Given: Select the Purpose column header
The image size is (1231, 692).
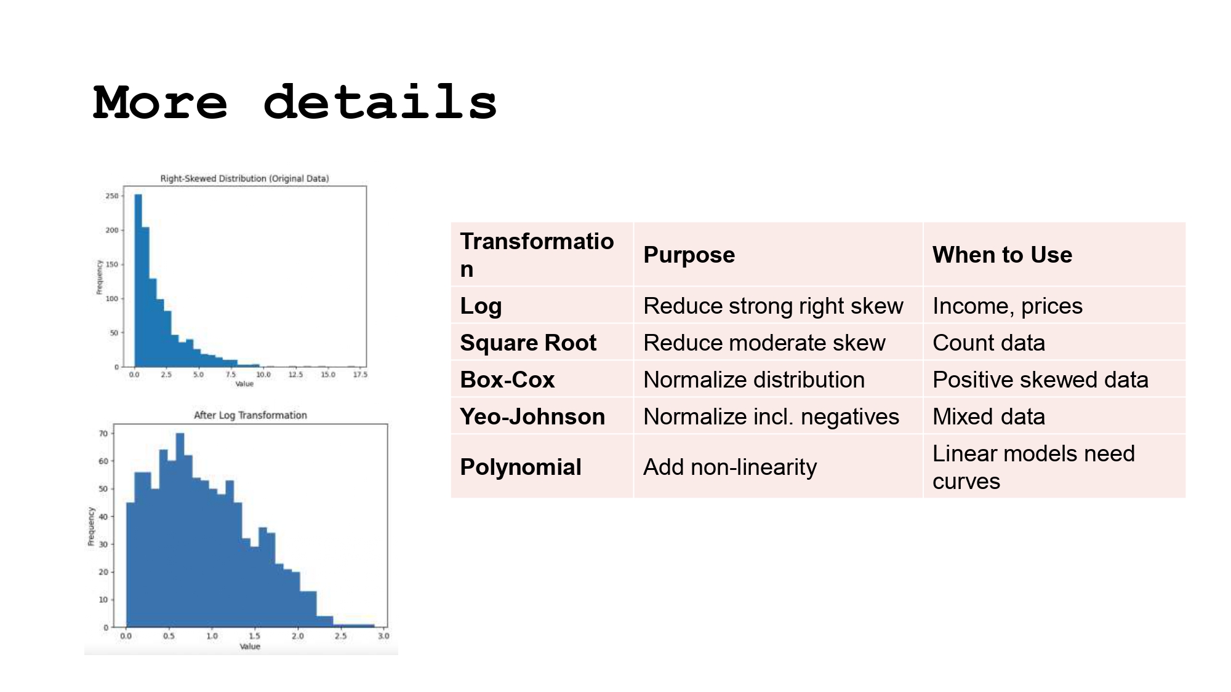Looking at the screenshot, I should pos(689,255).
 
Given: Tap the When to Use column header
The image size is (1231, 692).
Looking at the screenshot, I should pos(1002,255).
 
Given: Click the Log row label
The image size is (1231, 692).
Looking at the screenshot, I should pos(481,306).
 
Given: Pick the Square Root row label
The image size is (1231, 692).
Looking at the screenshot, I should pos(528,343).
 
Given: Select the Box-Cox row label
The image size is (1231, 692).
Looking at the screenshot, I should pos(507,380).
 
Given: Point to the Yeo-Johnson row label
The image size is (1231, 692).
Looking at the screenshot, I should pos(532,416).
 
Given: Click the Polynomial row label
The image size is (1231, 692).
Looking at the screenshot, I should pos(520,467).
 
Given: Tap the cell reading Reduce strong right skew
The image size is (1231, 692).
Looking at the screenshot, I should pos(773,306).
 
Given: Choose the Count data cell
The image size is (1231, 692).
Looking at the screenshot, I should pos(988,343).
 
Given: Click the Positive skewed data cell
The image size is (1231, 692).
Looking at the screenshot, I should pos(1040,380).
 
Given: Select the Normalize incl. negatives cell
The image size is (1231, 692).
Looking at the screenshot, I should pos(771,416).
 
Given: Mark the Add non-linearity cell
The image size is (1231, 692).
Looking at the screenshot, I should pos(730,467).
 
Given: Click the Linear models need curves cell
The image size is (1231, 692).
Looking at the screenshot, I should pos(1033,467).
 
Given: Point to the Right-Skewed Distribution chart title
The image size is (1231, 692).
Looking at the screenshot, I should pos(244,178).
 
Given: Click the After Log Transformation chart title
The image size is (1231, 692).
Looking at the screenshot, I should pos(250,415).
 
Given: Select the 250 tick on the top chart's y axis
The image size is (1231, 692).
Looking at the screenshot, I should pos(111,196).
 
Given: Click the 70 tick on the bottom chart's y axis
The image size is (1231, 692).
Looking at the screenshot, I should pos(103,434).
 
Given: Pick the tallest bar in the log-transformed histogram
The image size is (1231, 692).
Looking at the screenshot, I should pos(180,529).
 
